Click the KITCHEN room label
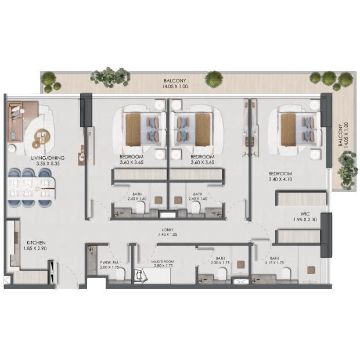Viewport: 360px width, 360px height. (36, 243)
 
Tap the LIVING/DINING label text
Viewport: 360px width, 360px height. (48, 158)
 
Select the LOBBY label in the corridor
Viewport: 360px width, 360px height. (167, 230)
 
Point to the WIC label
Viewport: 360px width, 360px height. (305, 214)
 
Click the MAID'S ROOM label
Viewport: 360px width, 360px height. (163, 261)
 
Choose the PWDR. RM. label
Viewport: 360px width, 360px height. (110, 263)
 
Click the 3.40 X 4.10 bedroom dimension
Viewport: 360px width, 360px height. (280, 179)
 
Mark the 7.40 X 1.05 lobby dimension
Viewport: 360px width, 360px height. (167, 235)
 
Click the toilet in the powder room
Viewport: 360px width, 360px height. (121, 274)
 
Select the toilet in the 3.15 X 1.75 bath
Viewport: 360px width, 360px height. (286, 273)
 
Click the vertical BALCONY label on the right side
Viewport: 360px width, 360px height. (340, 135)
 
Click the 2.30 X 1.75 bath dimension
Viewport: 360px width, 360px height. (220, 263)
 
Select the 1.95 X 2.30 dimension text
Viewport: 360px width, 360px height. (305, 219)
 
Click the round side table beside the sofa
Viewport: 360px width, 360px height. (12, 148)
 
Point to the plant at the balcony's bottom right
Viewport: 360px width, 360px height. (348, 170)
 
